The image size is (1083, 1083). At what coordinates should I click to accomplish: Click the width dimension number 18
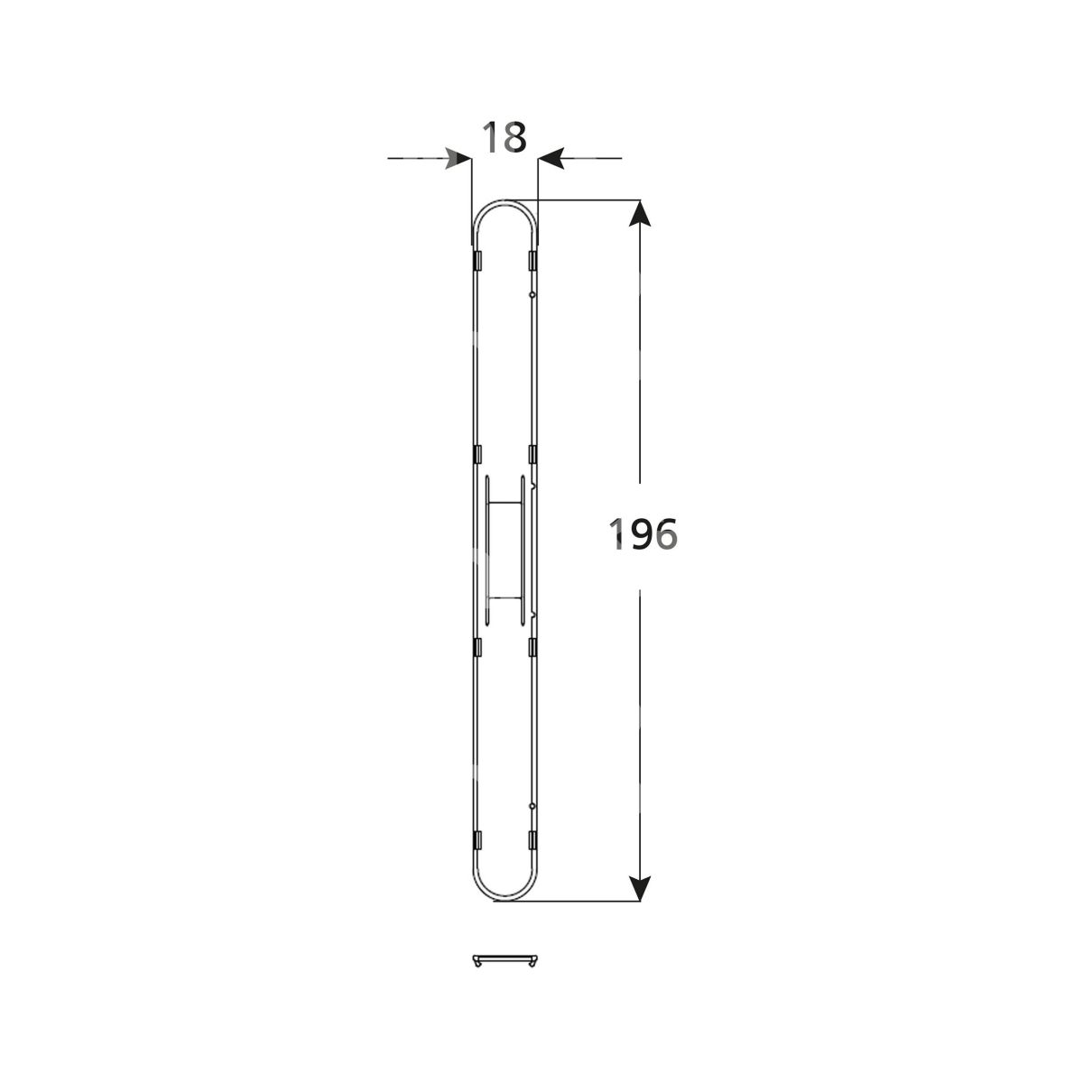pyautogui.click(x=504, y=137)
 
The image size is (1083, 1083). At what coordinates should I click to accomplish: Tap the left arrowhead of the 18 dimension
pyautogui.click(x=458, y=159)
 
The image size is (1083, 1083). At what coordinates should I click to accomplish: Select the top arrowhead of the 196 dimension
pyautogui.click(x=640, y=213)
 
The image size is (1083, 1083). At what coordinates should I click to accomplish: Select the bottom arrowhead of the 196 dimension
pyautogui.click(x=640, y=888)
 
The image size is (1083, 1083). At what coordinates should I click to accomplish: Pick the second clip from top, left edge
pyautogui.click(x=477, y=454)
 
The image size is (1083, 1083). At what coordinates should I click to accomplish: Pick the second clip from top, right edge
pyautogui.click(x=532, y=454)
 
